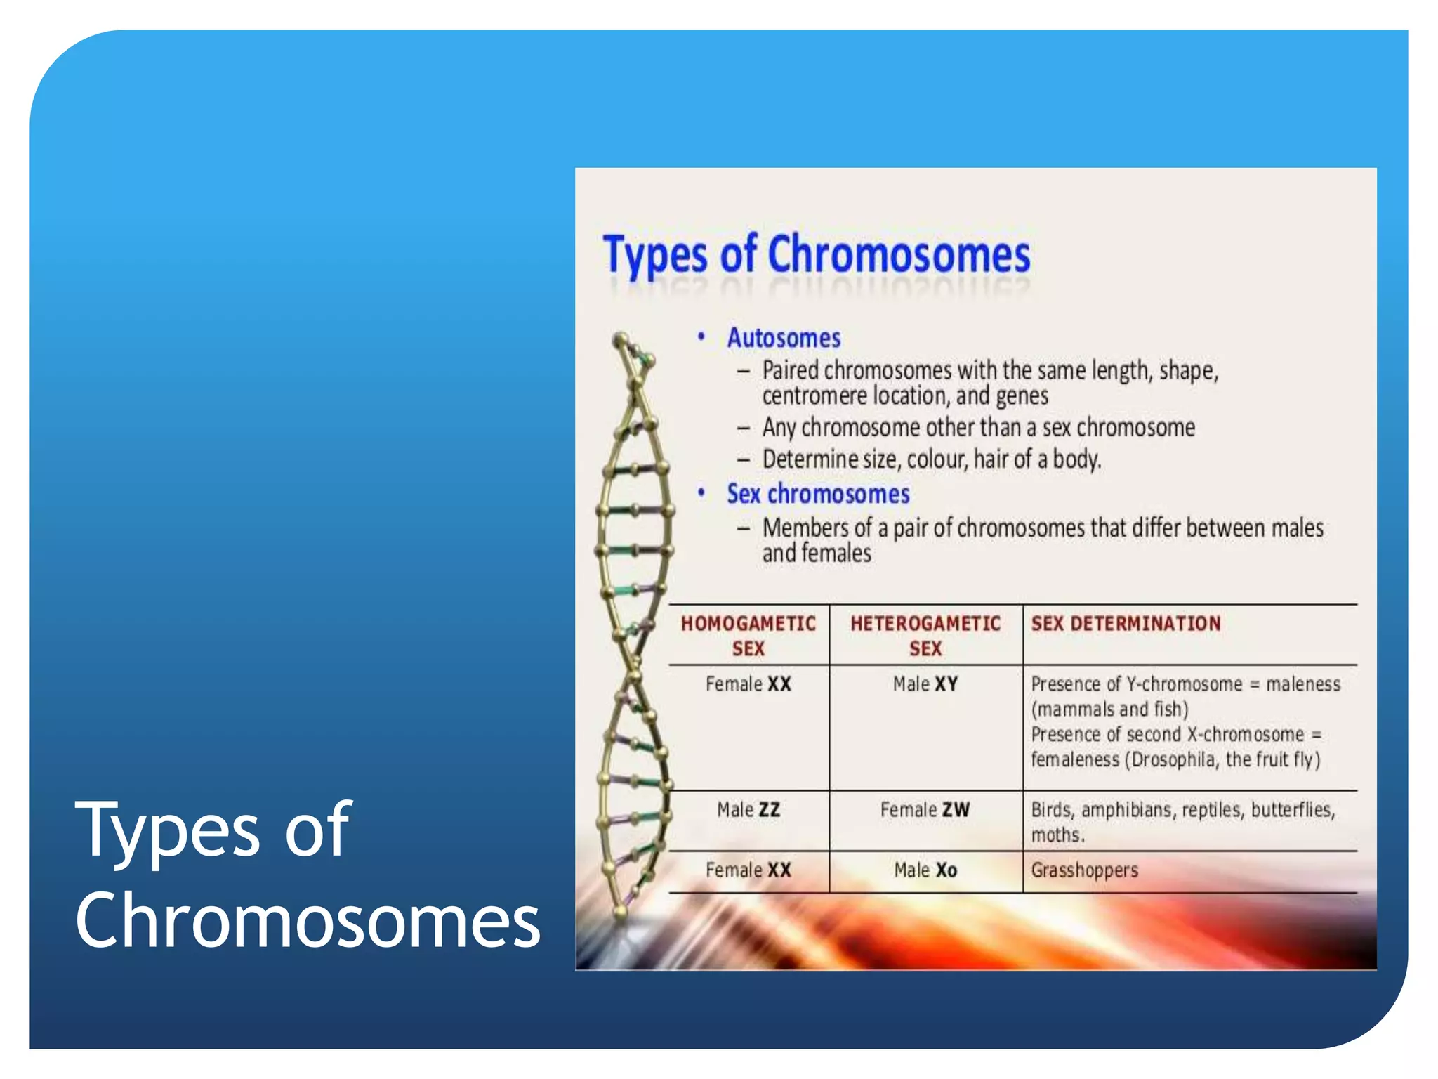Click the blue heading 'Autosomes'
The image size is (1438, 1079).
click(x=783, y=338)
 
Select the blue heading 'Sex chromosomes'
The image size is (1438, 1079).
click(x=818, y=494)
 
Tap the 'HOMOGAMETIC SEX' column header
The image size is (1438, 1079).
click(x=748, y=635)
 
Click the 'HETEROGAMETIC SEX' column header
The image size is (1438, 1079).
click(x=925, y=635)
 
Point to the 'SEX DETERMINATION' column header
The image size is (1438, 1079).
click(x=1126, y=623)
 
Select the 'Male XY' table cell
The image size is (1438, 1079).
click(x=925, y=684)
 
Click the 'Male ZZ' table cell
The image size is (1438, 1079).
click(x=748, y=809)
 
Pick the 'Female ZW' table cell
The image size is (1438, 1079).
click(x=925, y=809)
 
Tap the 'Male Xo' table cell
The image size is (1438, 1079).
click(x=925, y=870)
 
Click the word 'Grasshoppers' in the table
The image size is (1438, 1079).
click(x=1084, y=870)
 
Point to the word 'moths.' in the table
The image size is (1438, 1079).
click(x=1057, y=835)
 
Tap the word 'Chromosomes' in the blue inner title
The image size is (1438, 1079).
click(x=899, y=254)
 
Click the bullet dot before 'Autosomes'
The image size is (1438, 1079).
click(x=701, y=337)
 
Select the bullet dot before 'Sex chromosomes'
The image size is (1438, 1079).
click(x=701, y=492)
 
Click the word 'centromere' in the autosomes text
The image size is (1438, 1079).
click(x=814, y=396)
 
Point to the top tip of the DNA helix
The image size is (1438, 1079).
click(x=619, y=339)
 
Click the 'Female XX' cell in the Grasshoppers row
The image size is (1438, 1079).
click(x=748, y=870)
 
